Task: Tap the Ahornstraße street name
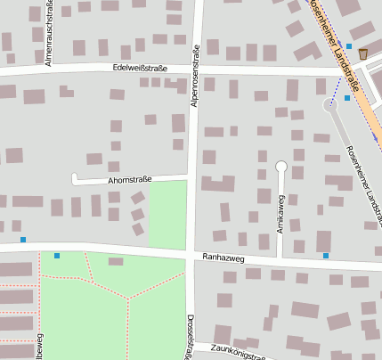(129, 180)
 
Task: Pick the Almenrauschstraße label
(49, 33)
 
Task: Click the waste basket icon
(363, 54)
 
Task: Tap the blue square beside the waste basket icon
(349, 46)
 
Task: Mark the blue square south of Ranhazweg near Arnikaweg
(326, 256)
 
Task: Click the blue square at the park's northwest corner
(57, 256)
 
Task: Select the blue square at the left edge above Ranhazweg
(23, 239)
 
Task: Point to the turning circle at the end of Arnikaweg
(281, 166)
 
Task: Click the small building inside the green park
(116, 261)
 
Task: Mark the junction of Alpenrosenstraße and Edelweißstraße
(197, 70)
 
